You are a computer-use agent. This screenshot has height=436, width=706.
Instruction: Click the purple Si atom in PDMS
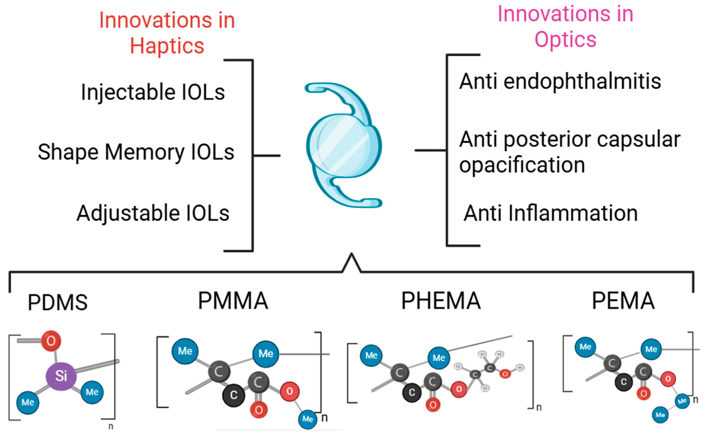click(61, 376)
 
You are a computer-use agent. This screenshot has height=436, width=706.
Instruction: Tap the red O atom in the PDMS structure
click(51, 341)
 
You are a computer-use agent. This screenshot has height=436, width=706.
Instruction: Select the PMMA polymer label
click(233, 301)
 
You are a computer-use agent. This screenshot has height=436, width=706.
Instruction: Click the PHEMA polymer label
click(441, 301)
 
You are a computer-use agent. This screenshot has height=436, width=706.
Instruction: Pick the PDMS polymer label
click(58, 302)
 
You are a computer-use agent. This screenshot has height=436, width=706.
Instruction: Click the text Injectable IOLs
click(153, 92)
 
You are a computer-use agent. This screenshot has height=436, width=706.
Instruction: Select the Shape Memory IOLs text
click(136, 152)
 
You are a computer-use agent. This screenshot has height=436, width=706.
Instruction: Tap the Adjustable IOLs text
click(153, 213)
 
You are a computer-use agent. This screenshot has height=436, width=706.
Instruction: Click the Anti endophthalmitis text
click(560, 81)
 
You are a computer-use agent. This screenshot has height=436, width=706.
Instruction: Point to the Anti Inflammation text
click(551, 213)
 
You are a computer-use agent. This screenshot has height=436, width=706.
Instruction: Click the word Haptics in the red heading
click(167, 46)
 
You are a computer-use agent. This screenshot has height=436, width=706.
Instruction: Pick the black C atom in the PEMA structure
click(624, 382)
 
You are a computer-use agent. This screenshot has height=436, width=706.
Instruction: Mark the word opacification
click(522, 165)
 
